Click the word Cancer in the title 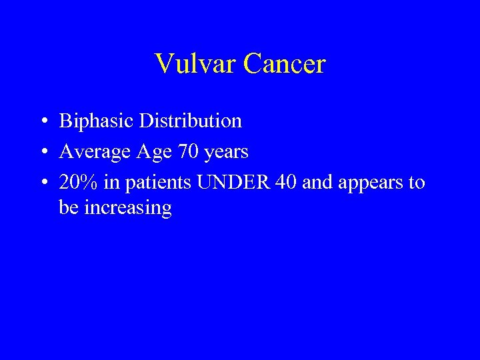[285, 64]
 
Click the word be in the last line [67, 207]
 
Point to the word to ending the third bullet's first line [417, 183]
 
